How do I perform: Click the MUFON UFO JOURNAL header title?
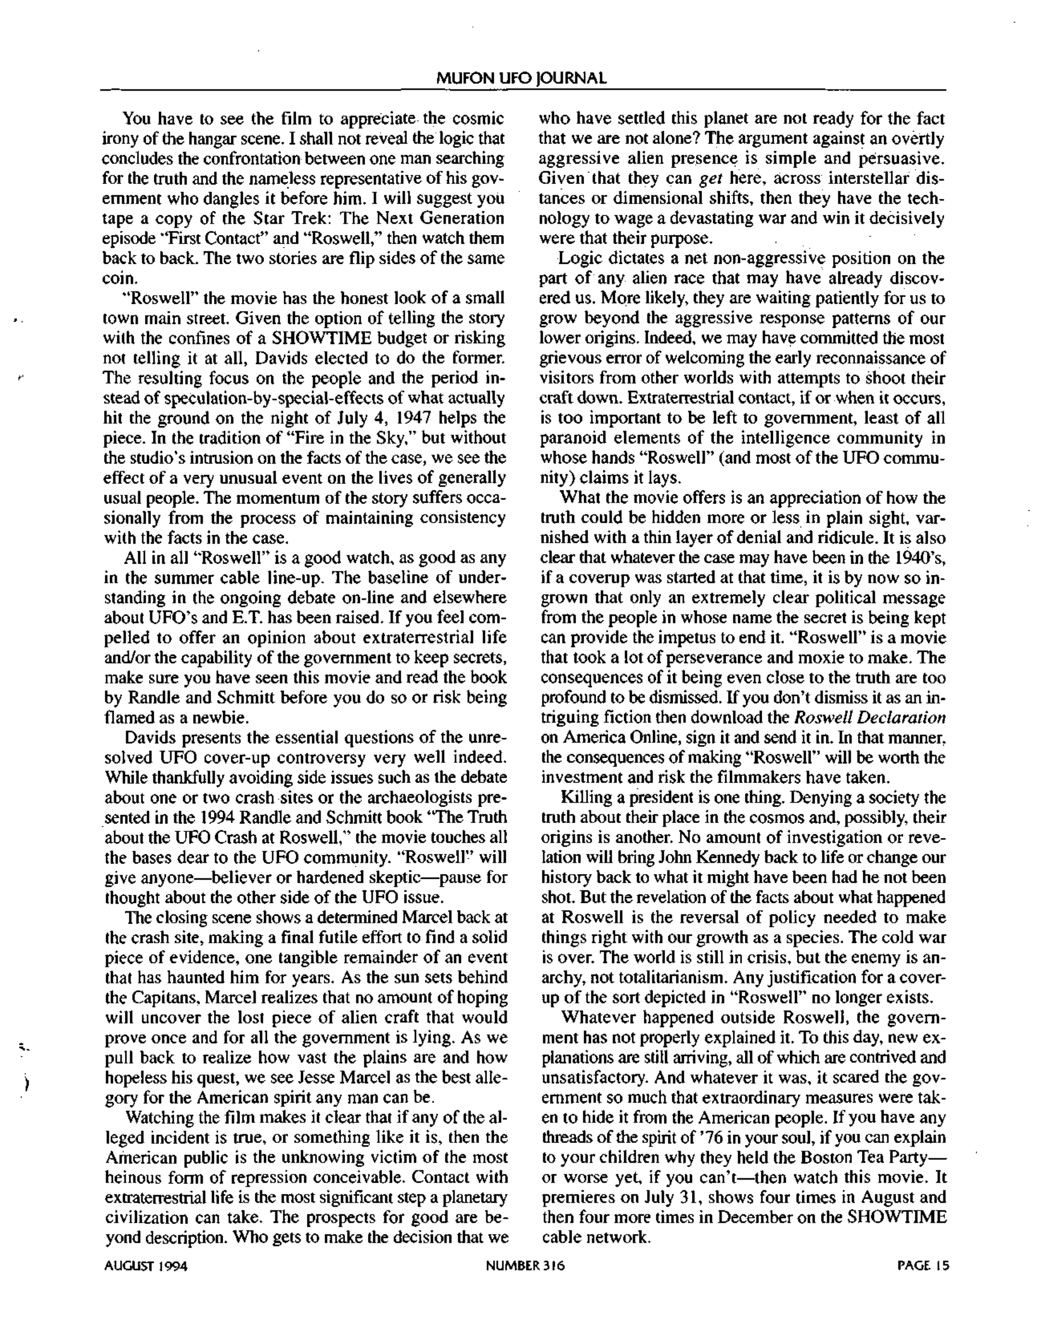tap(523, 78)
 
